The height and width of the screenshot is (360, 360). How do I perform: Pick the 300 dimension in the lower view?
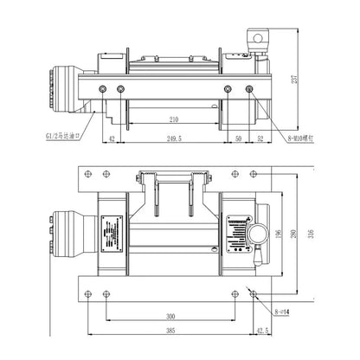coord(170,318)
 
